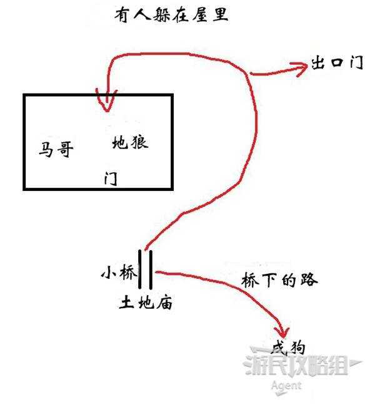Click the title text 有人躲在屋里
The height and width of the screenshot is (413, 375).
[171, 14]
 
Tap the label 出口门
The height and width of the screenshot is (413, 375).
[337, 62]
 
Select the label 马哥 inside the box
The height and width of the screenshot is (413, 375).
[56, 149]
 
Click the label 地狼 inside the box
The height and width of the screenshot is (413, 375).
[130, 142]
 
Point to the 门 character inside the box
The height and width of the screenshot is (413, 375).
[111, 178]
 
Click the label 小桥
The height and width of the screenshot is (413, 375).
[119, 272]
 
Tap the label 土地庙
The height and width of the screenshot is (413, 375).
[146, 302]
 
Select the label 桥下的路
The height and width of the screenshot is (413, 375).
[279, 279]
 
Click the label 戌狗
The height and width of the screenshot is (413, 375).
[289, 348]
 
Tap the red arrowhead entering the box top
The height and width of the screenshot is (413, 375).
[107, 101]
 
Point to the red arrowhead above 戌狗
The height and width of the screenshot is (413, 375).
[281, 333]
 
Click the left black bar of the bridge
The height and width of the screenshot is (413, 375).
[140, 269]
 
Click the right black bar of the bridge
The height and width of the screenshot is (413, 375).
[151, 269]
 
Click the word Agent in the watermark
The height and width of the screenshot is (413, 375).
[286, 386]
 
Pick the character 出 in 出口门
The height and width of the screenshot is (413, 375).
[318, 62]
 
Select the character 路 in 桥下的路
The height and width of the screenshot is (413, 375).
[309, 279]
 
